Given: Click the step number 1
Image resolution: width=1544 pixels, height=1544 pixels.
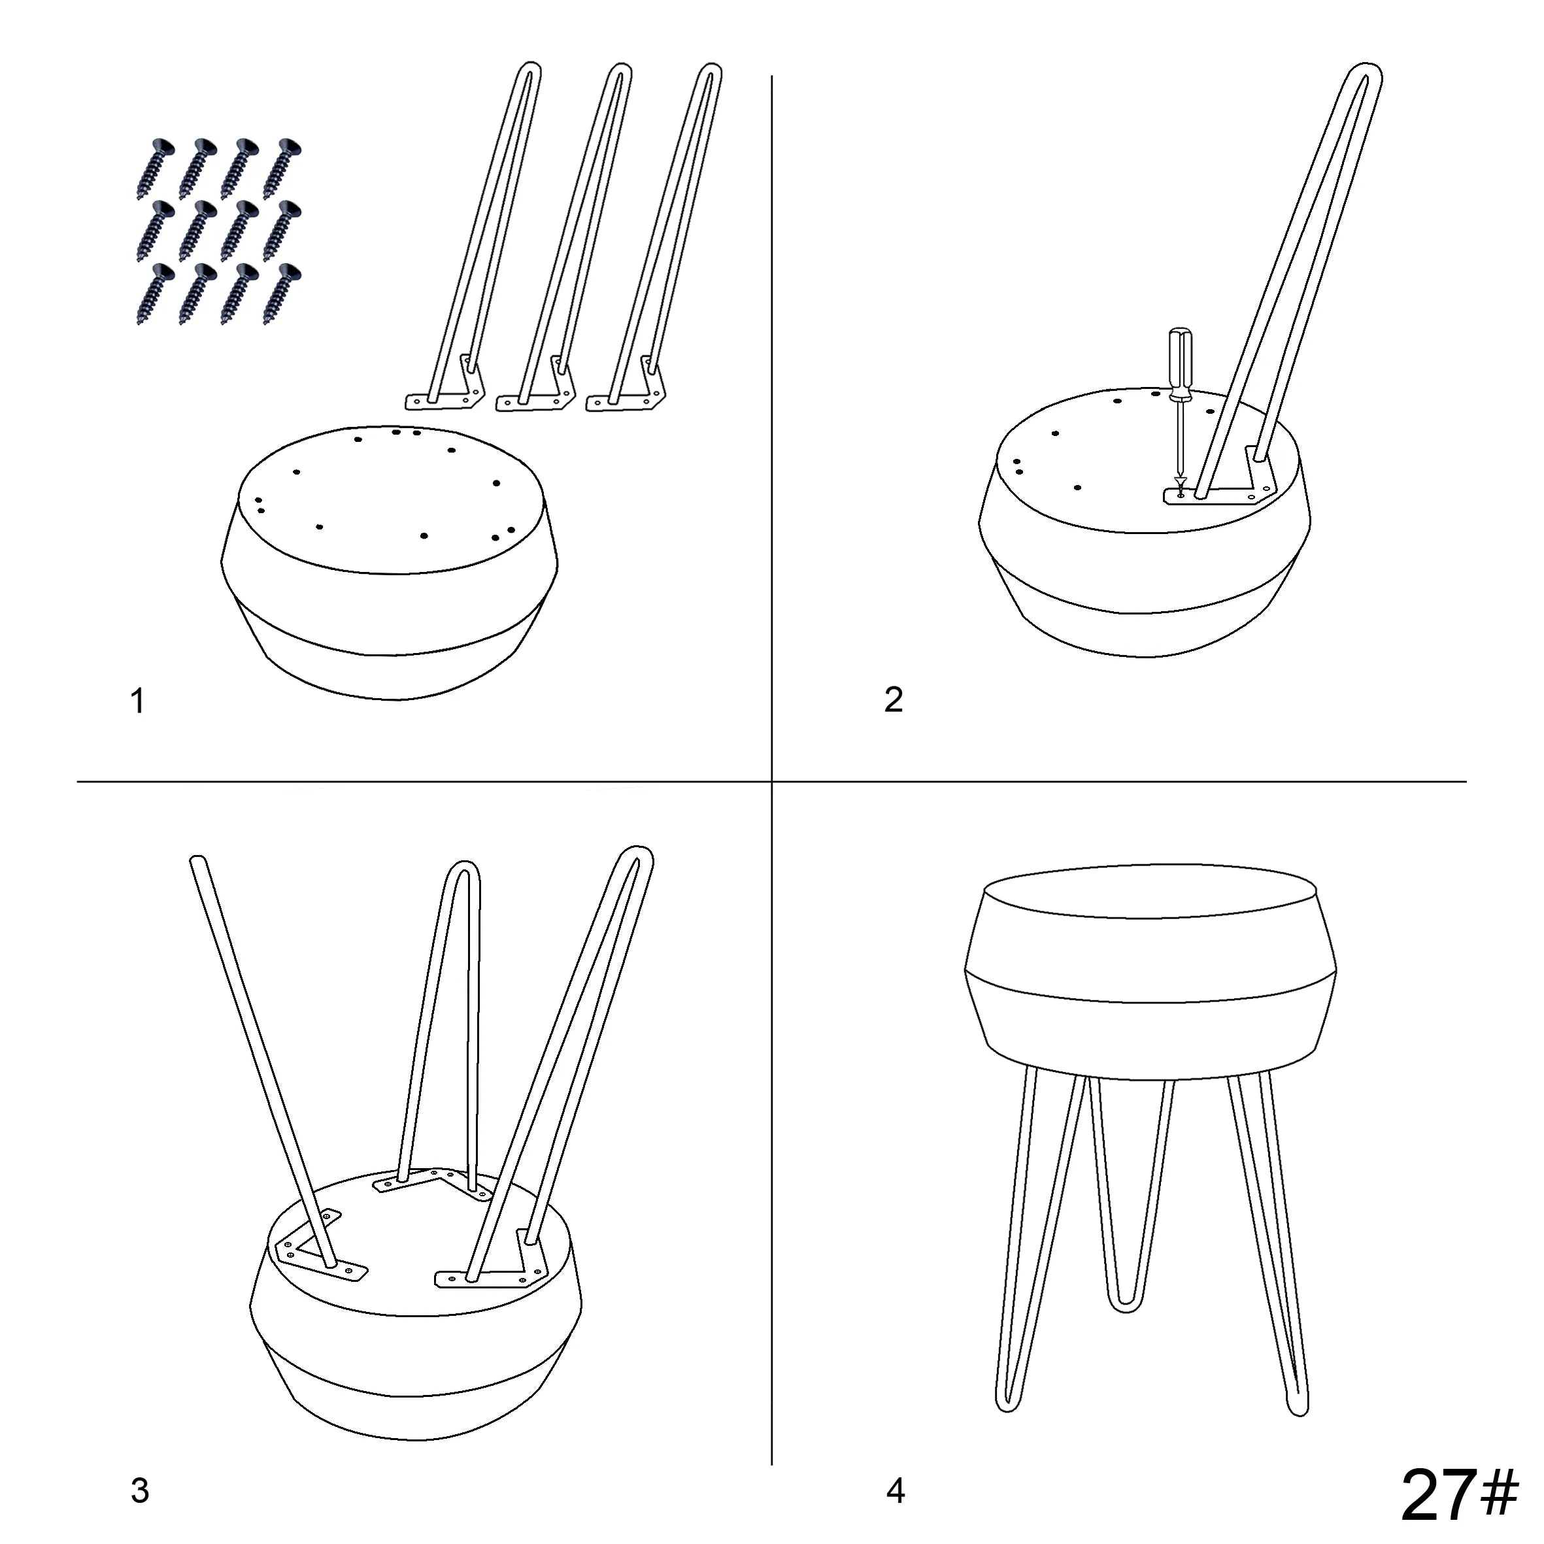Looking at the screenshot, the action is [x=137, y=701].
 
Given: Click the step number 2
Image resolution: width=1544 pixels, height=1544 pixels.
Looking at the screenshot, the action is [x=894, y=699].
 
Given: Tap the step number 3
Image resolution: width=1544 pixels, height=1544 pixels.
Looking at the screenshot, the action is [x=140, y=1490].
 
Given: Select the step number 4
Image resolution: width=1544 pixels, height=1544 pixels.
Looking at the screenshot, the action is [x=896, y=1490].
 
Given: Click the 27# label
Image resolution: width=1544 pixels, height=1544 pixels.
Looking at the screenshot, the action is [x=1459, y=1495].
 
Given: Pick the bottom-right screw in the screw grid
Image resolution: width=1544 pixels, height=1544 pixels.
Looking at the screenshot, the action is [x=282, y=294].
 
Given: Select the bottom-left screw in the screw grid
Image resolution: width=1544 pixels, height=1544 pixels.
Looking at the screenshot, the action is [x=155, y=294].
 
